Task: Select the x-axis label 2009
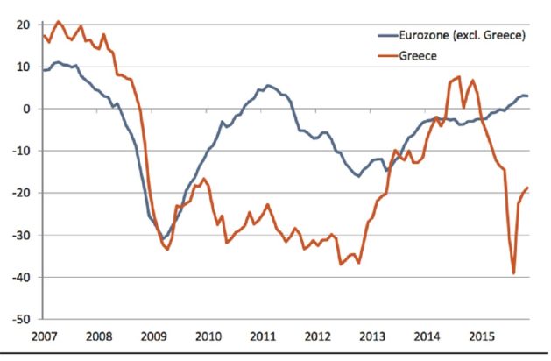tap(152, 336)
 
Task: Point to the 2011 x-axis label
tap(262, 336)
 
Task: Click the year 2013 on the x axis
tap(371, 336)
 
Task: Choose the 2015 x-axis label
tap(481, 336)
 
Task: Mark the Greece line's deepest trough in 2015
tap(513, 273)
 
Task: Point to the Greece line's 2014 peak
tap(459, 77)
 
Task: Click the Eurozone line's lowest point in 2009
tap(162, 238)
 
